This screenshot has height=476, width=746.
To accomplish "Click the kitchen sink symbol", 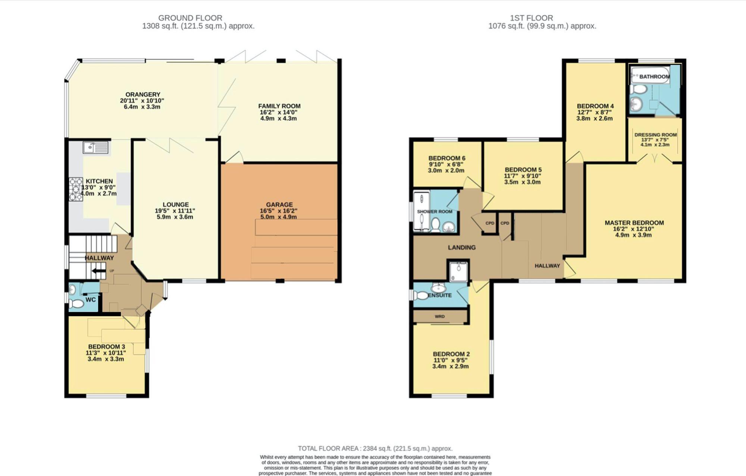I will tap(95, 148).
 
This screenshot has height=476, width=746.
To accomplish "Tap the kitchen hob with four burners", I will tap(76, 189).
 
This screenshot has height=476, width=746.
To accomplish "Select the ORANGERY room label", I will tap(142, 95).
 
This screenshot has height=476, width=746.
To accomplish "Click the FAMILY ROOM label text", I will tap(279, 106).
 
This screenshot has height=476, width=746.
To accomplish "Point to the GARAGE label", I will tap(279, 205).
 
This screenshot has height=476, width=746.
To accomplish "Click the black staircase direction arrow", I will tap(99, 271).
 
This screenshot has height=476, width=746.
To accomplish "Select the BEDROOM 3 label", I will tap(106, 347).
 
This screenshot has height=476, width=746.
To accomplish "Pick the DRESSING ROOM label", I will tap(655, 135).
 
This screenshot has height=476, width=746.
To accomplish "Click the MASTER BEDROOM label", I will tap(634, 223).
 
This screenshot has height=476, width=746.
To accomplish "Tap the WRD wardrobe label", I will tap(439, 316).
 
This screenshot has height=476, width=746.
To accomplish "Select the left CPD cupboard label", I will tap(489, 223).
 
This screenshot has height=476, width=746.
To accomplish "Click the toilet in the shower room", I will tap(435, 225).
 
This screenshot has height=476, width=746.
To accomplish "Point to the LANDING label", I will tap(461, 248).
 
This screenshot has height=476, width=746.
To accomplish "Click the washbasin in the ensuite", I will tap(439, 288).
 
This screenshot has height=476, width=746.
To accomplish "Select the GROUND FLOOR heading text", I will tap(190, 18).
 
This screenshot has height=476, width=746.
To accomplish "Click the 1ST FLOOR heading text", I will tap(531, 18).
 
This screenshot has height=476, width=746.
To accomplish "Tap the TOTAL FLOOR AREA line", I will tap(375, 448).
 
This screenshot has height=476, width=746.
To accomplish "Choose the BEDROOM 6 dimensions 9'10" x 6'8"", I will tap(446, 164).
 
